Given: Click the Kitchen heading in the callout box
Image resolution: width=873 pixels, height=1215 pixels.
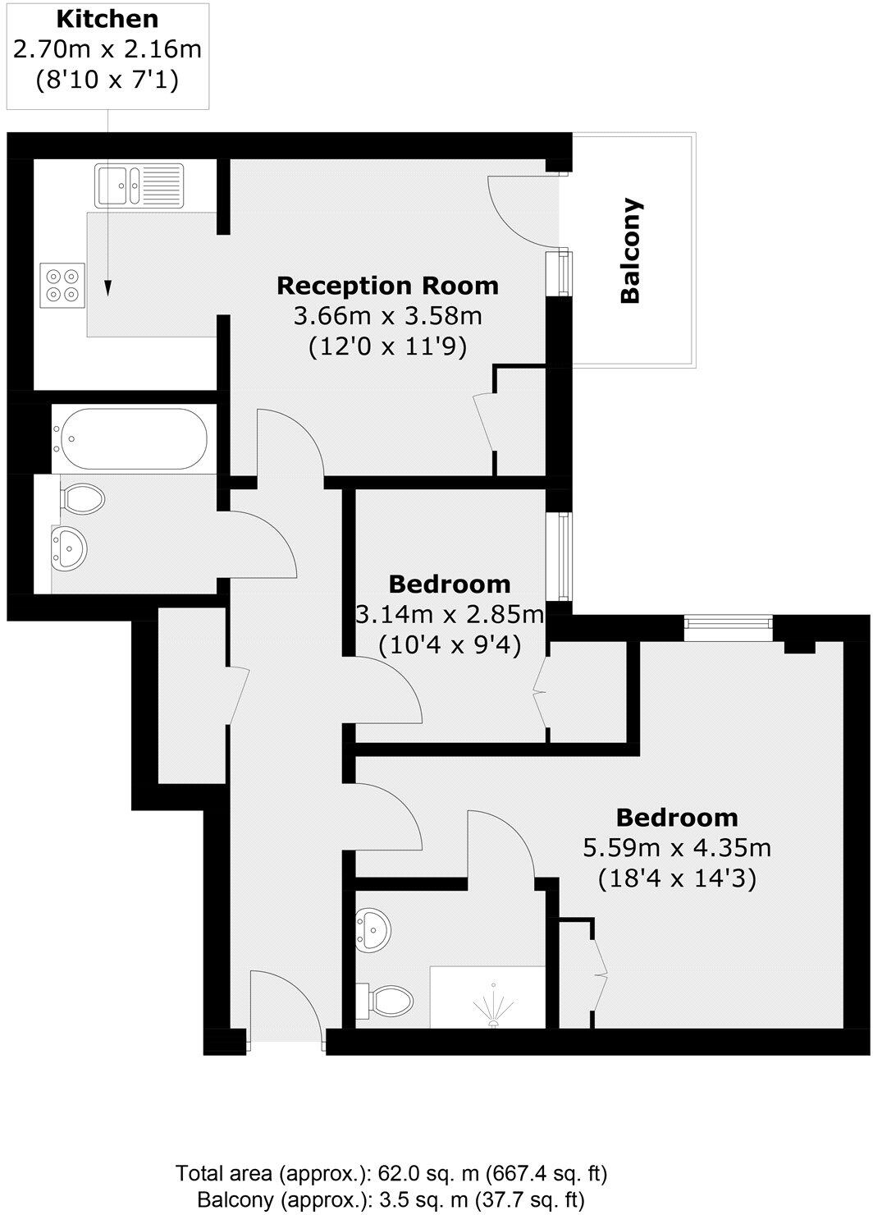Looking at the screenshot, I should click(x=107, y=19).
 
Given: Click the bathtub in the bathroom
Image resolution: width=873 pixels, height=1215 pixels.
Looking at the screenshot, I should click(x=132, y=438).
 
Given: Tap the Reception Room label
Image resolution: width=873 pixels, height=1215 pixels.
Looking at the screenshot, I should click(x=387, y=286).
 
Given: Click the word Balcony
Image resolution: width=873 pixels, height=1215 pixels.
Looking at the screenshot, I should click(x=630, y=250).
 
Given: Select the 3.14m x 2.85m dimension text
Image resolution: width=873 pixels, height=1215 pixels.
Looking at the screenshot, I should click(x=450, y=614).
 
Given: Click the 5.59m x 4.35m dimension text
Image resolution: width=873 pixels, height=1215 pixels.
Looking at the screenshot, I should click(x=677, y=847).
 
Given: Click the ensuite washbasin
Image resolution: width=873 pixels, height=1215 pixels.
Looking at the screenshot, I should click(x=375, y=929).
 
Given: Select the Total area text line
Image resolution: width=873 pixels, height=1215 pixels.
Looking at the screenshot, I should click(x=391, y=1172).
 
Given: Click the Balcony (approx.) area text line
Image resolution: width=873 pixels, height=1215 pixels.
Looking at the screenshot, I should click(x=391, y=1201).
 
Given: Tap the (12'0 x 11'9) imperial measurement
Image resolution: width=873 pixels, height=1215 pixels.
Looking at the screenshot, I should click(x=387, y=347).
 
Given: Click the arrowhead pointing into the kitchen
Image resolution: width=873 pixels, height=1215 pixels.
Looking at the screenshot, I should click(x=108, y=288).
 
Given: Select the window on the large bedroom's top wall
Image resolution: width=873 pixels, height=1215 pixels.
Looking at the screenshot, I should click(x=728, y=628).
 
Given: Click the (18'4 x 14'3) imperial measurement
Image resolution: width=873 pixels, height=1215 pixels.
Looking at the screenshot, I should click(x=677, y=878).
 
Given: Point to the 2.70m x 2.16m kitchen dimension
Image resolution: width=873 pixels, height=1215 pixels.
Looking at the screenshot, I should click(x=107, y=49).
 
